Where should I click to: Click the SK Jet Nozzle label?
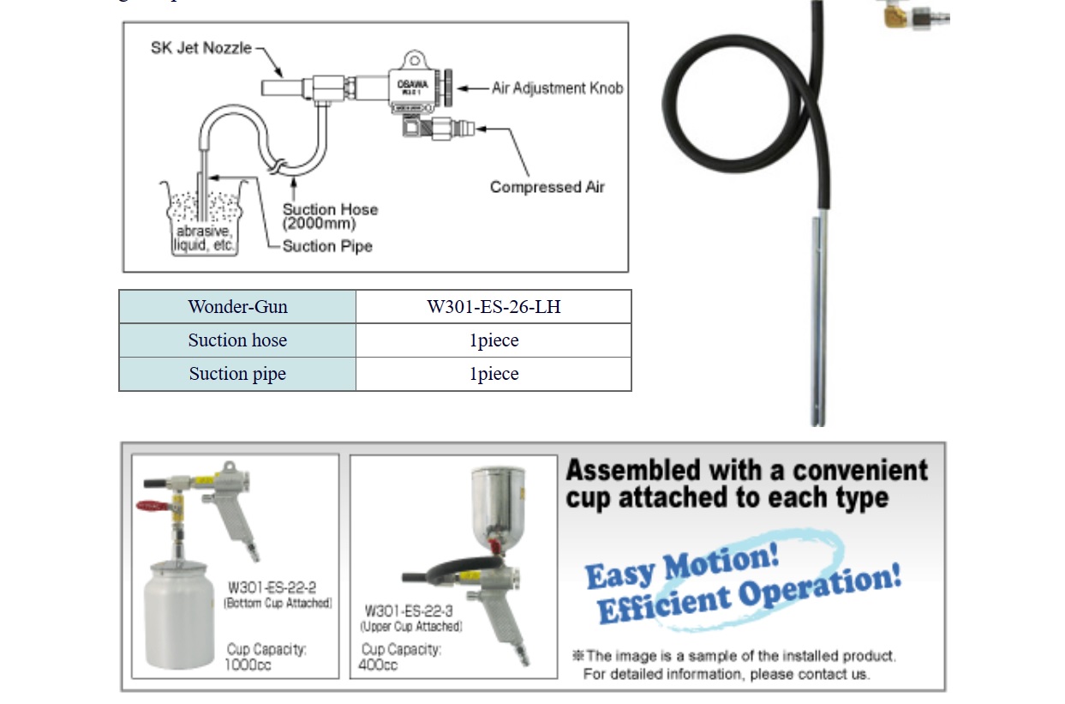tap(201, 48)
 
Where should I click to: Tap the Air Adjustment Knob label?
tap(557, 87)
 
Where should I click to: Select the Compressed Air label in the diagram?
tap(547, 187)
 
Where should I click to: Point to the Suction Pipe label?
tap(327, 246)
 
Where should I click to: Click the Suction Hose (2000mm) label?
tap(330, 216)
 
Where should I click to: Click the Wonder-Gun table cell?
tap(237, 307)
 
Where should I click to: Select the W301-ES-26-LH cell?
tap(494, 307)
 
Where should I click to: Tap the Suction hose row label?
tap(237, 340)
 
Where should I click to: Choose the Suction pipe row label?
tap(237, 374)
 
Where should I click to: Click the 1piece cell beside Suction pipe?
tap(494, 374)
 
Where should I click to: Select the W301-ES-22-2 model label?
tap(272, 587)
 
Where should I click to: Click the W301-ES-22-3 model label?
tap(409, 611)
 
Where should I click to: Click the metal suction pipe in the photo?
tap(818, 326)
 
